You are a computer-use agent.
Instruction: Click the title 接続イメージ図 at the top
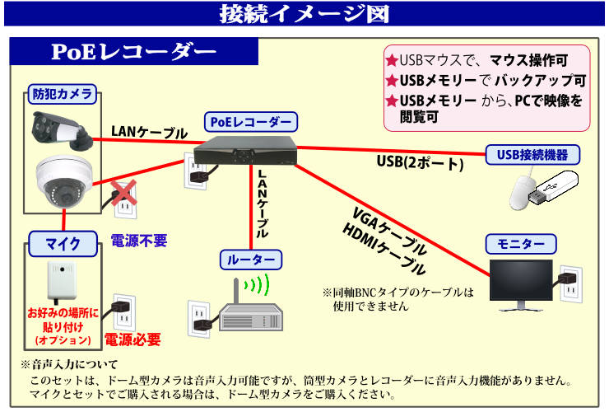(304, 15)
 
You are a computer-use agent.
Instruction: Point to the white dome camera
(62, 183)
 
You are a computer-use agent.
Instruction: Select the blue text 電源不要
(139, 241)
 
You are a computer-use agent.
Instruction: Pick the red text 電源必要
(132, 339)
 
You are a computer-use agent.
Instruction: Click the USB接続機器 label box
(532, 154)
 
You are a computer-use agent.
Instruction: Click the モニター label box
(521, 244)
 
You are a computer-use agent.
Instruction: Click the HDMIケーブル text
(384, 250)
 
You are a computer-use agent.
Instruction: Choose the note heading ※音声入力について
(70, 364)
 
